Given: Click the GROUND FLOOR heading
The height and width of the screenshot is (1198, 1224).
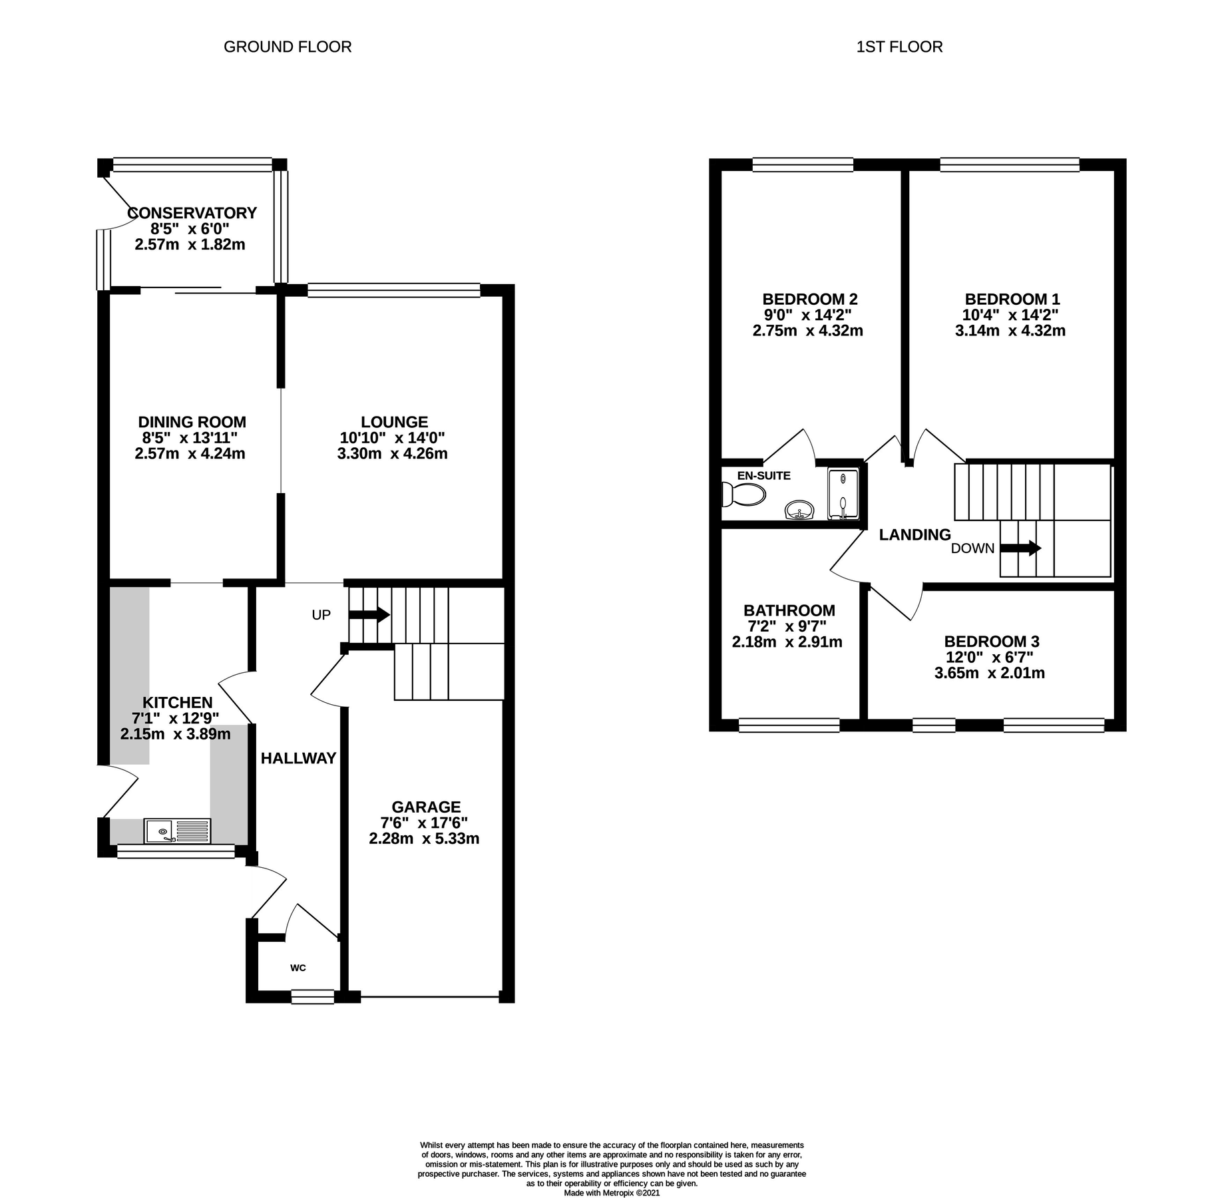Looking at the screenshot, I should coord(288,47).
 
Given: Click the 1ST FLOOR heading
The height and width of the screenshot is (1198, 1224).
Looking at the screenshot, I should coord(899,47).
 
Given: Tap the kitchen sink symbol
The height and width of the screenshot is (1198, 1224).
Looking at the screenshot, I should coord(176,831).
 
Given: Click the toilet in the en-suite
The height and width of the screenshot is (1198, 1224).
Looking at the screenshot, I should coord(744,494).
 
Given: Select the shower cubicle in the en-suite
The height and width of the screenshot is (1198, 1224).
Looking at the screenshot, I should coord(844,493).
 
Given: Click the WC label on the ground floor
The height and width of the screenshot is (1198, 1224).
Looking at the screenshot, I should coord(298,968).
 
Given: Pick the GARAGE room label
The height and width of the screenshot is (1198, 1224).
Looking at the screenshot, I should coord(426,807).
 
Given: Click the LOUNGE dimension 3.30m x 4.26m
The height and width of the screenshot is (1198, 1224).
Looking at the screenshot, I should coord(392,454).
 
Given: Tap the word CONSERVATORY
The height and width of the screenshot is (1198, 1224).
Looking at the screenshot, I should coord(192,213).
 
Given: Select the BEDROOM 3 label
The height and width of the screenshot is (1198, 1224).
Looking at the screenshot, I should coord(991,642).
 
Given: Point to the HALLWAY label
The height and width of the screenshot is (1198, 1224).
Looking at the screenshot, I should coord(298,758).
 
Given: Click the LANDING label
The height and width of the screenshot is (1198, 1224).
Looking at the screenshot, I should coord(915,534).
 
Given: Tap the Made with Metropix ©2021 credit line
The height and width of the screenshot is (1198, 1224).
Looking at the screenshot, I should coord(612,1193).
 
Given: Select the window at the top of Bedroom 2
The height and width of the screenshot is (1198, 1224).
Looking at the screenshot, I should coord(803,164).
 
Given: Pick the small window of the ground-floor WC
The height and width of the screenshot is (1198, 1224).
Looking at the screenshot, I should coord(312,996).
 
